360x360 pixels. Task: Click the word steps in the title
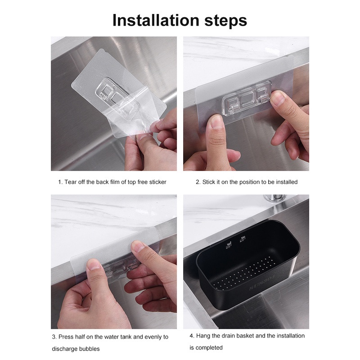pos(226,21)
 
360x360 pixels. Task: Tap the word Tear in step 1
pos(70,182)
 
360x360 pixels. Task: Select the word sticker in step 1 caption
pos(157,182)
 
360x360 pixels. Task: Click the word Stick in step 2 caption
pos(208,182)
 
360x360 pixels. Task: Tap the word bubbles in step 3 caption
pos(89,349)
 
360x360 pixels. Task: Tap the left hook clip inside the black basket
pos(229,245)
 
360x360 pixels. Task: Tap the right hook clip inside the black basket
pos(242,239)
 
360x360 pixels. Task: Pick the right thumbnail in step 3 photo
pos(137,248)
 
